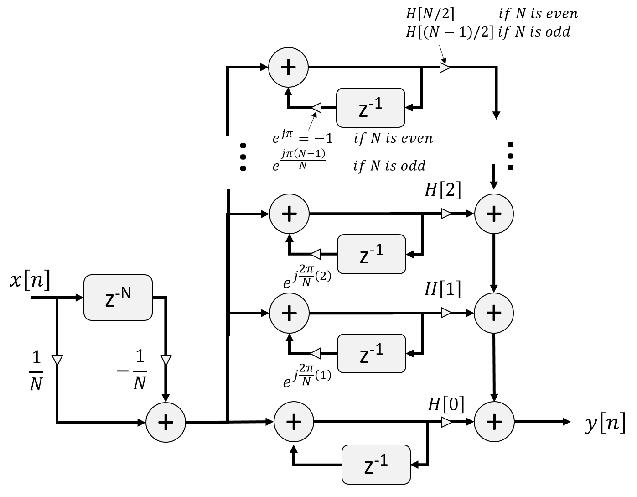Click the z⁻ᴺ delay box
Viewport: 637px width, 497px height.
(x=118, y=298)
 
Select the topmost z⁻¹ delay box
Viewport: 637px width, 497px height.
(x=371, y=108)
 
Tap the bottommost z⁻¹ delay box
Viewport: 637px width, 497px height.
(x=376, y=465)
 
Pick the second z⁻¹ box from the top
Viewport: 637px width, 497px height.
(x=372, y=254)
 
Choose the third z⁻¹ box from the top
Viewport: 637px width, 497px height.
(x=372, y=353)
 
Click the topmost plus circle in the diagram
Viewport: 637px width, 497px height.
(x=289, y=68)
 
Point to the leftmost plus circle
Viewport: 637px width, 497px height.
(x=166, y=422)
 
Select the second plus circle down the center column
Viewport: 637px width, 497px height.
(x=290, y=214)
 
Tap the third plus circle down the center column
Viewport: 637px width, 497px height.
(x=290, y=313)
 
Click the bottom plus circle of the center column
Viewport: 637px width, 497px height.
(x=294, y=422)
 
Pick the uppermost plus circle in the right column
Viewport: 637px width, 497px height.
(x=494, y=214)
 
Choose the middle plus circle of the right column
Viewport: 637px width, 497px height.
(x=494, y=313)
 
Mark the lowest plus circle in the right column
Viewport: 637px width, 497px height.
(x=494, y=422)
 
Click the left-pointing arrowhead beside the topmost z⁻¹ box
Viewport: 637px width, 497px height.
(x=316, y=108)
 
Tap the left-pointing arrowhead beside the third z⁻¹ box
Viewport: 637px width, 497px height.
(x=316, y=353)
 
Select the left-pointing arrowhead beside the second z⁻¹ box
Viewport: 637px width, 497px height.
(x=316, y=254)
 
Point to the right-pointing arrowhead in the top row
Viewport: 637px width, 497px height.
(x=445, y=68)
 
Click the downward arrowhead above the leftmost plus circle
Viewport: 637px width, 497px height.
(x=166, y=360)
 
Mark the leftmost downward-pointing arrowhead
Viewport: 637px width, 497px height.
(x=57, y=360)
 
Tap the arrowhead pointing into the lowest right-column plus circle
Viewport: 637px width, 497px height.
(x=446, y=422)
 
